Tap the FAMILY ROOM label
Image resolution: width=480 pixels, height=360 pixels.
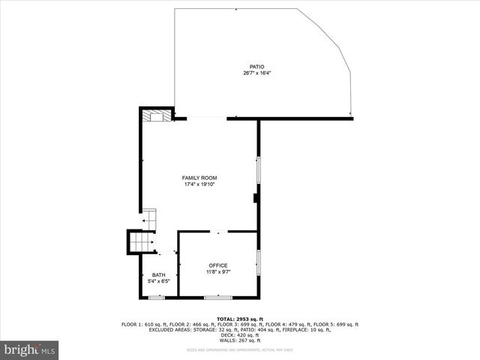pos(199,178)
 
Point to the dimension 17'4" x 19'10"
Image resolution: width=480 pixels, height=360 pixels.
pos(199,184)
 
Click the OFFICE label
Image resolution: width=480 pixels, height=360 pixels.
pos(218,265)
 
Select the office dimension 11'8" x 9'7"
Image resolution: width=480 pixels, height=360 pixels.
pos(218,272)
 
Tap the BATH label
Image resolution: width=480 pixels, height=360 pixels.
pos(159,275)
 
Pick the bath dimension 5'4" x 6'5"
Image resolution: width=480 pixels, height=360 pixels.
pos(159,282)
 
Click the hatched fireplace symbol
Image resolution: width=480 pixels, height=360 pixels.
pos(156,115)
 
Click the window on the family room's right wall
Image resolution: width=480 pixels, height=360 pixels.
pos(259,170)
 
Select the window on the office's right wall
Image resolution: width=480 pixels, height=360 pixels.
pos(259,263)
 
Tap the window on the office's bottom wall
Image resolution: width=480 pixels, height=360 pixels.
pos(217,298)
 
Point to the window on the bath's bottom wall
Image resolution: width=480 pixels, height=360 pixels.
pos(156,298)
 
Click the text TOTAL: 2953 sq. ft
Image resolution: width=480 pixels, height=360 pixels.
pos(240,319)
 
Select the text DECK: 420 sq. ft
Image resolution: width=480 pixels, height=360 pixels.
pos(240,334)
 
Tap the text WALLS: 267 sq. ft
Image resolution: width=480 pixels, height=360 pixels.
pos(240,340)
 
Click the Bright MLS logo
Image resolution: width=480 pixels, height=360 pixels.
pos(30,349)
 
